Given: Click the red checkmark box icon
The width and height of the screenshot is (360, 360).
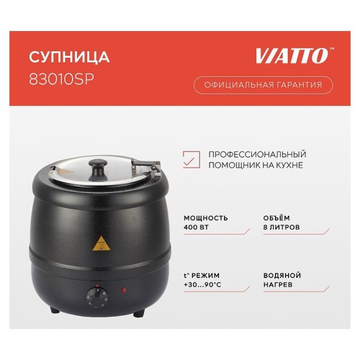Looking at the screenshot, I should tap(191, 160).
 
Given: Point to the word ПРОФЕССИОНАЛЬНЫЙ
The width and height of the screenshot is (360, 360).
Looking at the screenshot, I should tap(257, 154).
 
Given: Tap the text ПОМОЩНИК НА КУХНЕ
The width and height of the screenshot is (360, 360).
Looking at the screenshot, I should tap(251, 166).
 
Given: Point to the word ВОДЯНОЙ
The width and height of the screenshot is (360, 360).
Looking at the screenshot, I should tap(282, 276).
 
